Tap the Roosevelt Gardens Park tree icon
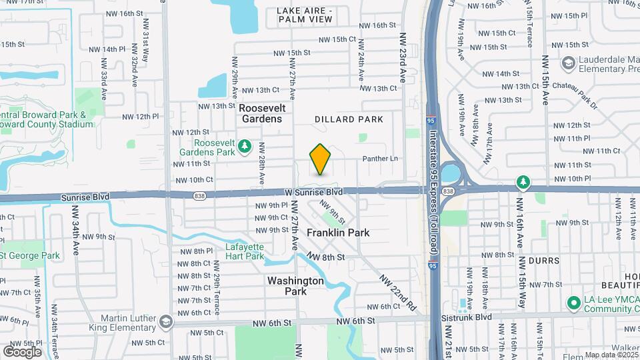pyautogui.click(x=245, y=145)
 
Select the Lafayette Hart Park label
pyautogui.click(x=245, y=251)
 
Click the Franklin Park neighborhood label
pyautogui.click(x=338, y=233)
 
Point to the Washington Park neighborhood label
pyautogui.click(x=295, y=286)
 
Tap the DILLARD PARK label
pyautogui.click(x=349, y=119)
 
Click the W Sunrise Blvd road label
pyautogui.click(x=313, y=191)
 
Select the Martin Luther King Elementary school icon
pyautogui.click(x=165, y=322)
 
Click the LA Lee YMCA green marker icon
pyautogui.click(x=573, y=303)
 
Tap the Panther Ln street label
pyautogui.click(x=380, y=159)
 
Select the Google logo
pyautogui.click(x=22, y=351)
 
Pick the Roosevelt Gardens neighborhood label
pyautogui.click(x=261, y=113)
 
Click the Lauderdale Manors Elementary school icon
pyautogui.click(x=568, y=63)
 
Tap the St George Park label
pyautogui.click(x=31, y=255)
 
